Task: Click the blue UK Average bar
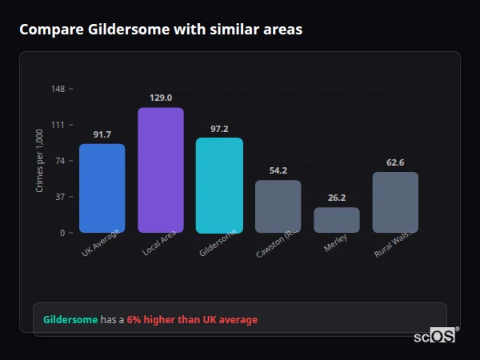tap(102, 188)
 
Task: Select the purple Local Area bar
tap(161, 170)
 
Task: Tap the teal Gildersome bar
tap(219, 185)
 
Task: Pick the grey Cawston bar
tap(278, 206)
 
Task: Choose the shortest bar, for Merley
tap(336, 220)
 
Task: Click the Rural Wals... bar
tap(395, 202)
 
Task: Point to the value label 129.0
tap(161, 98)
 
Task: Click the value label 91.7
tap(102, 134)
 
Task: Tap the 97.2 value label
tap(219, 128)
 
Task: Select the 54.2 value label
tap(278, 170)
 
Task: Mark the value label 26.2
tap(336, 198)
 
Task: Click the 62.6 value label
tap(395, 162)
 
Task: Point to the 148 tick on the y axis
tap(58, 89)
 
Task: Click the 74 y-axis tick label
tap(60, 161)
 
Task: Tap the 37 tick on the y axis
tap(60, 197)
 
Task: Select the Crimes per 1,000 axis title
tap(39, 161)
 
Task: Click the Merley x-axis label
tap(336, 247)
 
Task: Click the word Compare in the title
tap(46, 30)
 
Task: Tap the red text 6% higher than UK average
tap(192, 319)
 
